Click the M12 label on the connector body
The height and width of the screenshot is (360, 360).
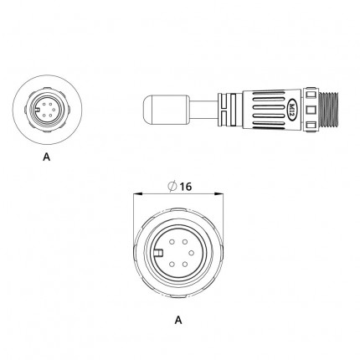click(x=292, y=110)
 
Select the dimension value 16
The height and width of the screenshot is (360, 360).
click(x=185, y=187)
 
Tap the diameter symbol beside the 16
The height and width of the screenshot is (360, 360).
click(x=172, y=186)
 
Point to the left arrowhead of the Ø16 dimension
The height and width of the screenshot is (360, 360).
click(x=138, y=193)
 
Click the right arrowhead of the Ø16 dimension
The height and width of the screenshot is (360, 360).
click(x=219, y=193)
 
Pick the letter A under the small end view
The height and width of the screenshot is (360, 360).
click(x=47, y=157)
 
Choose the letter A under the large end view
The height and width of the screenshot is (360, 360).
click(x=178, y=320)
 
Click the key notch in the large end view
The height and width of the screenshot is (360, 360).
click(x=158, y=253)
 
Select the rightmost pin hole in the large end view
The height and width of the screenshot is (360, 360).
click(x=191, y=253)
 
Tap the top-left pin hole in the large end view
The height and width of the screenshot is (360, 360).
click(x=172, y=242)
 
